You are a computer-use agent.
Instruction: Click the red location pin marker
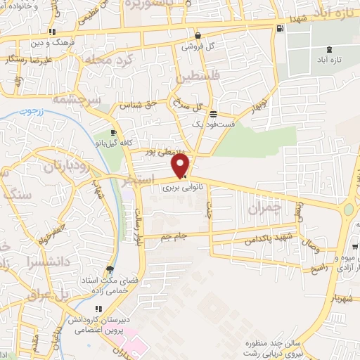(x=181, y=165)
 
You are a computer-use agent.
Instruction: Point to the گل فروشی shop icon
(x=198, y=35)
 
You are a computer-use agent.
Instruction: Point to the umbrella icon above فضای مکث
(x=109, y=269)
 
